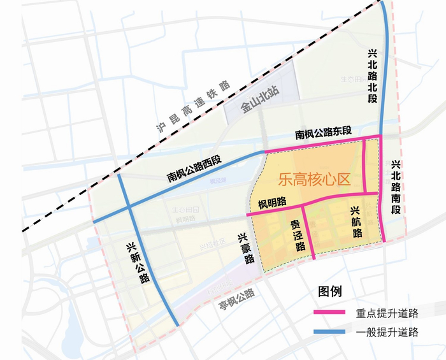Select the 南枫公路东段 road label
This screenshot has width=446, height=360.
[x=322, y=133]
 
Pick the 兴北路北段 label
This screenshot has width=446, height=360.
[x=373, y=78]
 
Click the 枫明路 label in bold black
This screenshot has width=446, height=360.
[x=272, y=203]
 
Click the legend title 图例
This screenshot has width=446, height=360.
[x=329, y=292]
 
